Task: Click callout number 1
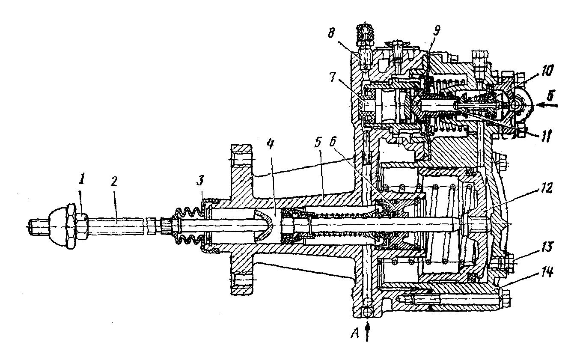82,180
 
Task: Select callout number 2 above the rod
114,181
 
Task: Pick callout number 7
333,77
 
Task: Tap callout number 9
436,30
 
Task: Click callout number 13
547,247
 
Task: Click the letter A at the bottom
355,334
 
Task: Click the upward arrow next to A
367,332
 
